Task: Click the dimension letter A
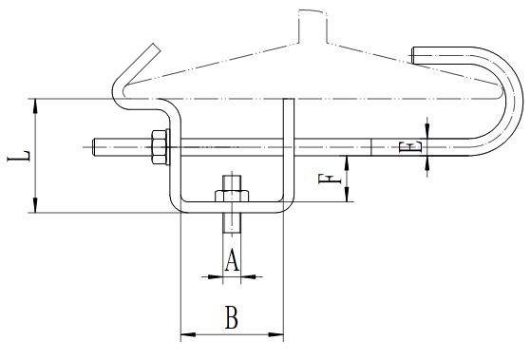point(232,260)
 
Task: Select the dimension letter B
point(232,317)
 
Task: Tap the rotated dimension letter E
point(410,147)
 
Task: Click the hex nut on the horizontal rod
point(159,147)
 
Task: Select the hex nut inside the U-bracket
point(232,196)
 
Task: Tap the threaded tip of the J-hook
point(413,55)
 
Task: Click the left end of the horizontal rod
point(93,147)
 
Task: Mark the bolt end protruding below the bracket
point(232,222)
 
